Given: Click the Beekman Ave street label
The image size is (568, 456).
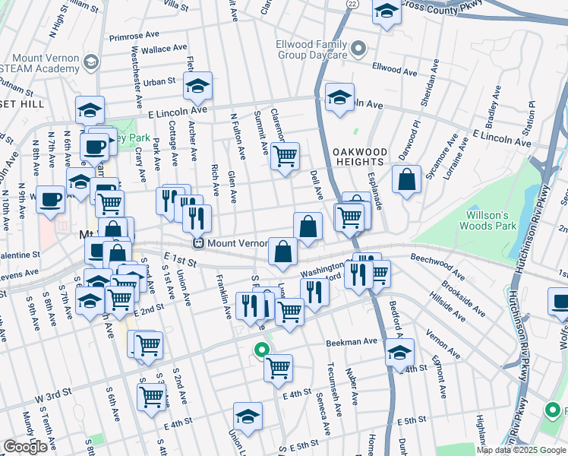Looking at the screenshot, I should [x=352, y=343].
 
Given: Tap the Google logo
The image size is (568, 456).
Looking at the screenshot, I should [x=25, y=447].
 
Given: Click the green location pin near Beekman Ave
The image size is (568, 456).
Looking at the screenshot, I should [x=261, y=350].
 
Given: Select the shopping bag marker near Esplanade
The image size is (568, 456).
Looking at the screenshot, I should [x=407, y=179].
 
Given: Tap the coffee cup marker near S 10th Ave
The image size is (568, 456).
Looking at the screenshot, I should [x=50, y=199].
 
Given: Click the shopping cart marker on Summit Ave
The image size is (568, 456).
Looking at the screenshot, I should [x=285, y=157].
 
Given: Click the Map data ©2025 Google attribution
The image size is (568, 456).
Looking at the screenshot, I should [x=521, y=450].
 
